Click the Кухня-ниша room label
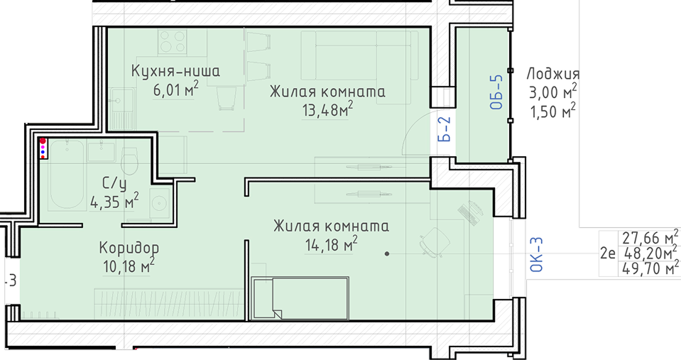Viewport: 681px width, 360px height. click(x=175, y=71)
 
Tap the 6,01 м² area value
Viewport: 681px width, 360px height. click(x=175, y=89)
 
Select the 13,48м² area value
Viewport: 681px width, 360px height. click(x=327, y=109)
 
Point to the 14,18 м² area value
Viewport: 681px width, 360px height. click(x=331, y=244)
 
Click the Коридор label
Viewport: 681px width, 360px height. click(x=129, y=248)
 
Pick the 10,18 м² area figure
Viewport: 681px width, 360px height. click(x=129, y=266)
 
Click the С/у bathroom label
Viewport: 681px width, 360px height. click(x=114, y=183)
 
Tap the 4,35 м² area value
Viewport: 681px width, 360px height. click(x=114, y=201)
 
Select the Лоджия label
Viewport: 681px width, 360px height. click(x=553, y=75)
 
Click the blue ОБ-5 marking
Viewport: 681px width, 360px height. click(x=496, y=92)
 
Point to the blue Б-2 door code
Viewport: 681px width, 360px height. click(x=444, y=129)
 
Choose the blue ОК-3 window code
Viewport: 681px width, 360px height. click(x=537, y=255)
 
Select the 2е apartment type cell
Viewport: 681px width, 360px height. click(x=608, y=253)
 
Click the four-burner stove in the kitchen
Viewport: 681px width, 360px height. click(x=173, y=42)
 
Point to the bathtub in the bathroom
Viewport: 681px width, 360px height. click(x=67, y=175)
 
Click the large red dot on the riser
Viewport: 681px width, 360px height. click(x=43, y=141)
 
